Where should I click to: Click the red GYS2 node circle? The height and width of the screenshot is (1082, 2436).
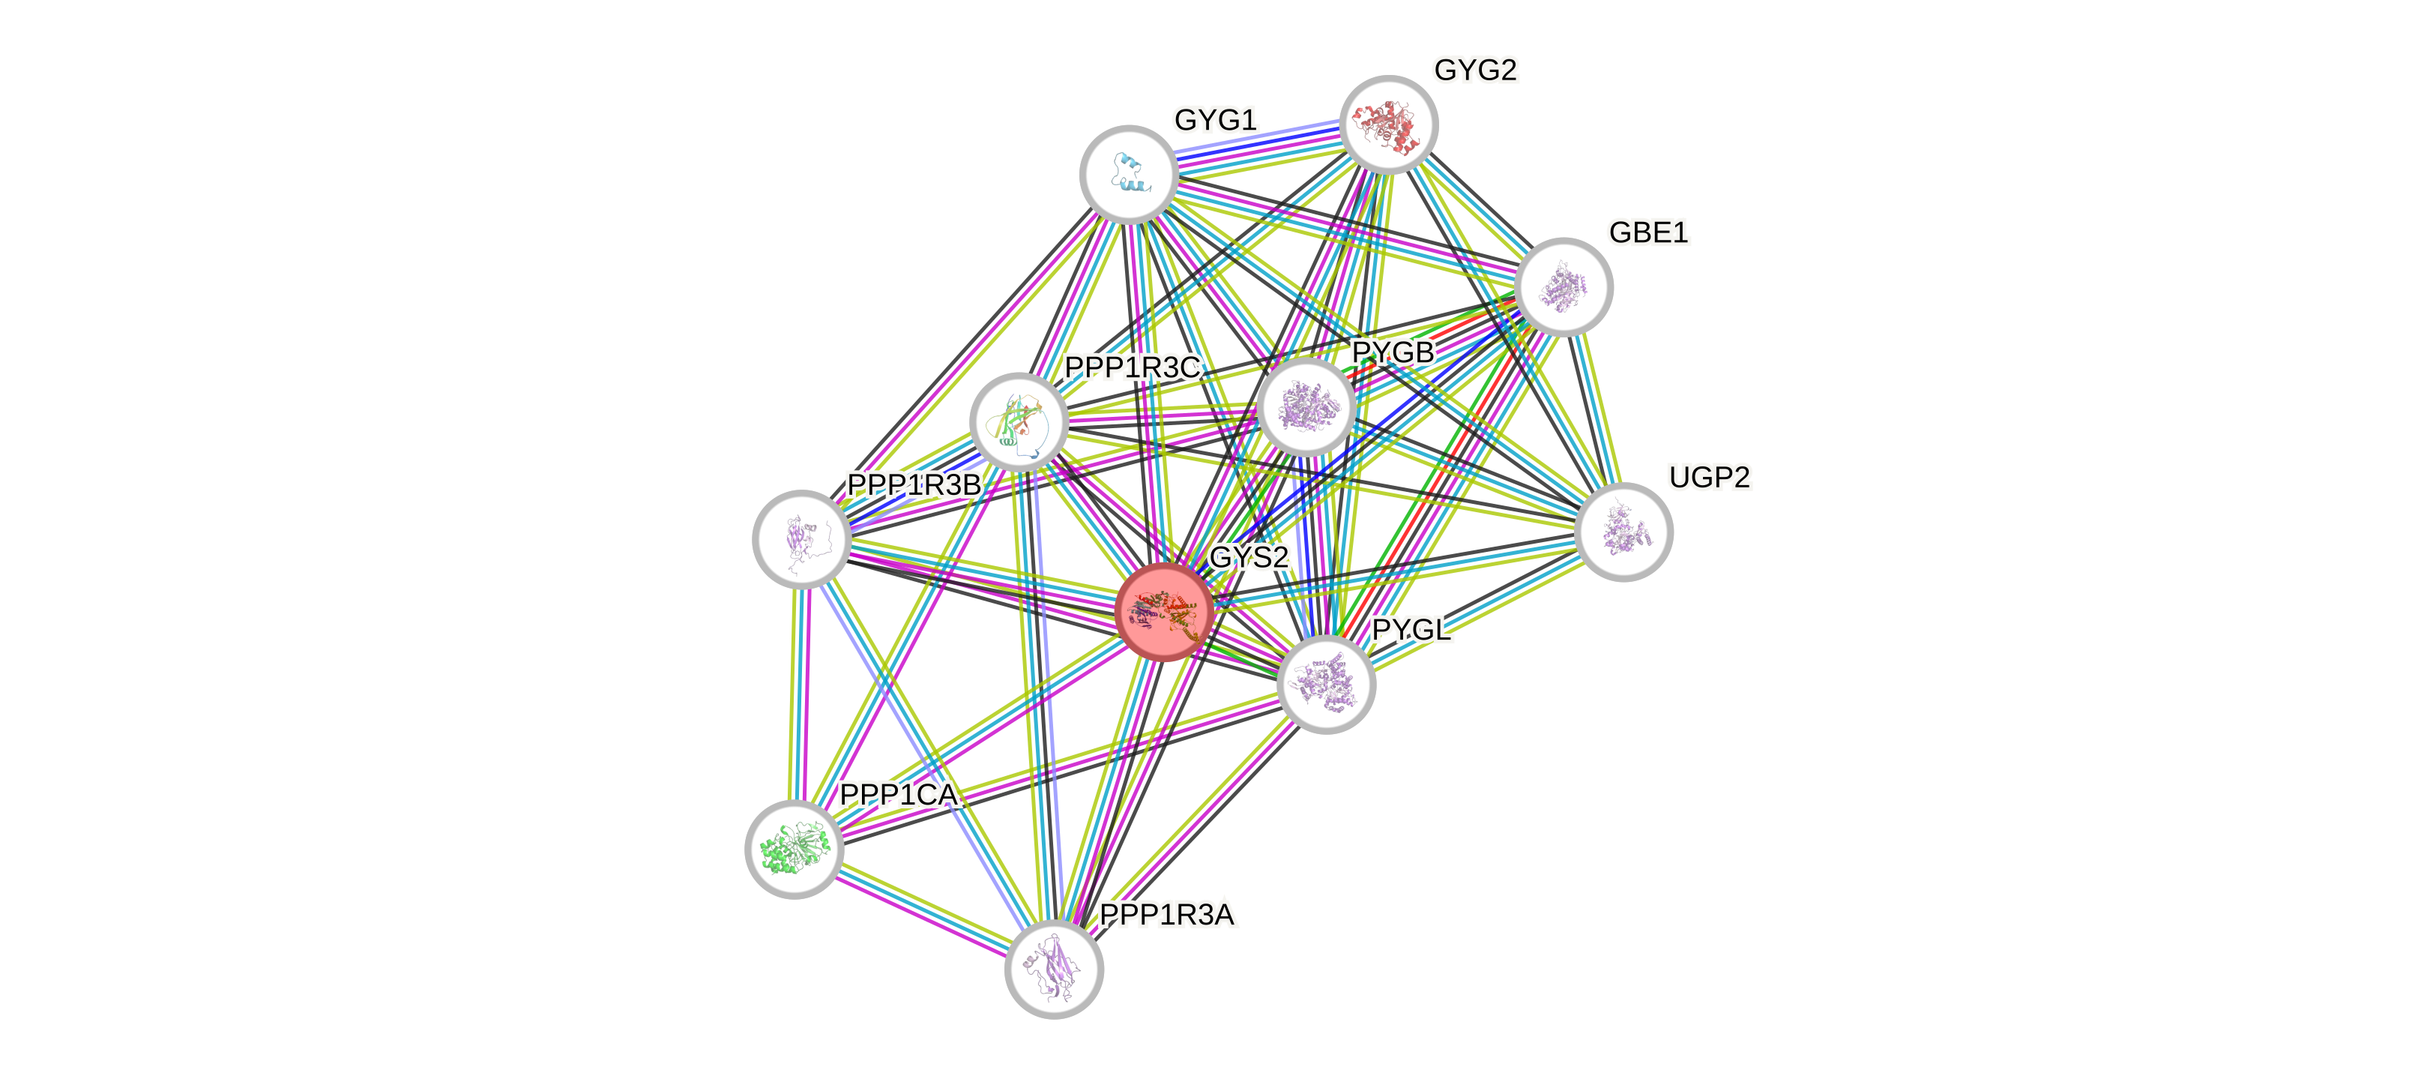pos(1163,611)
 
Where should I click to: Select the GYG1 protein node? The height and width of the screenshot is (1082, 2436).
pos(1128,174)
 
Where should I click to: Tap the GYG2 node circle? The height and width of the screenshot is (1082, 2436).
pos(1388,124)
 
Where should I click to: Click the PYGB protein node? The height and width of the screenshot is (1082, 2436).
pos(1306,406)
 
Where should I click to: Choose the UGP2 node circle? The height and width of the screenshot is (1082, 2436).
pos(1624,532)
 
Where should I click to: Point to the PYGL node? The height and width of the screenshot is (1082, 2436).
pos(1325,684)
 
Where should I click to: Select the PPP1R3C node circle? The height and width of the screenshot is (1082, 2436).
pos(1019,422)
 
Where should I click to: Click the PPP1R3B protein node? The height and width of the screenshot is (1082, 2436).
pos(801,538)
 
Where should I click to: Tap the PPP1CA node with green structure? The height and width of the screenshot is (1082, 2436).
pos(794,848)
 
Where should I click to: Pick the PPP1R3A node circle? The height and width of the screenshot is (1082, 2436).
pos(1053,969)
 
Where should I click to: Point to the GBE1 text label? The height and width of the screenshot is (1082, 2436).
pos(1647,232)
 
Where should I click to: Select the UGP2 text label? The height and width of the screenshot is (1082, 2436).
pos(1709,478)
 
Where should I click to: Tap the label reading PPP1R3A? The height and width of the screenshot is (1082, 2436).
pos(1166,916)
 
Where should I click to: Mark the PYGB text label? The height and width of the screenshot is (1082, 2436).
pos(1392,352)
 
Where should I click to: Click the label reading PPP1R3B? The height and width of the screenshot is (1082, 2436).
pos(914,485)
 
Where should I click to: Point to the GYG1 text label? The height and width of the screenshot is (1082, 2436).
pos(1215,121)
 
